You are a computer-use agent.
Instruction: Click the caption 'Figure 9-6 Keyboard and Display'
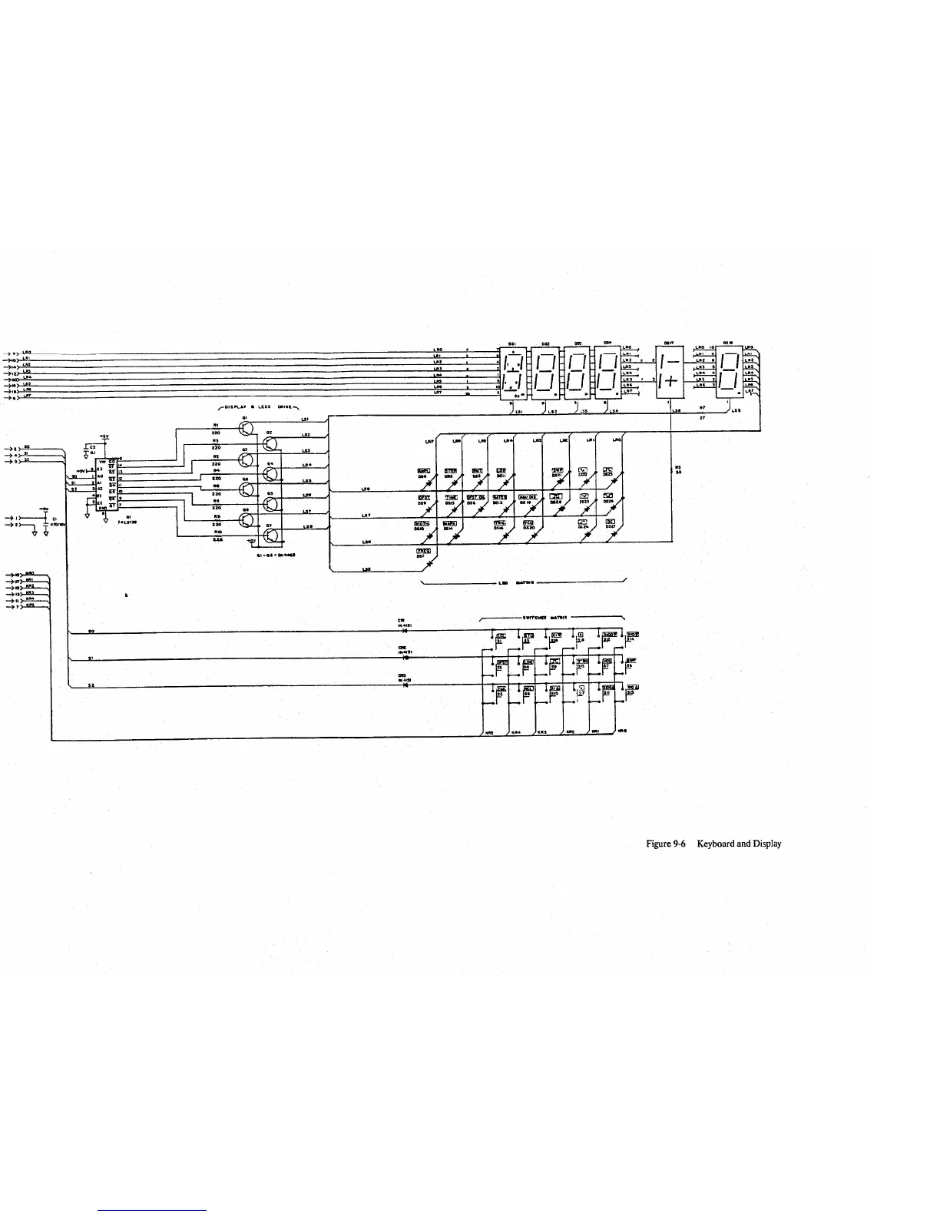[713, 844]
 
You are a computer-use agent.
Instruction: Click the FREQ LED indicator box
[422, 551]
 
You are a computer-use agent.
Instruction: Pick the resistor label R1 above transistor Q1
[217, 424]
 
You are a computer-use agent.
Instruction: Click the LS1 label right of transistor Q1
[304, 419]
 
